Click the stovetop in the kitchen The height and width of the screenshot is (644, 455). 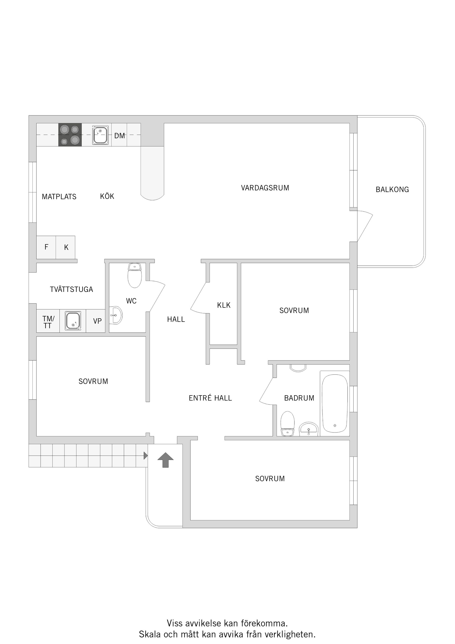point(70,135)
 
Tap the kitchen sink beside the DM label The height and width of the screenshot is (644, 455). point(100,135)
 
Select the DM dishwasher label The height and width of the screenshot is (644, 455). point(119,136)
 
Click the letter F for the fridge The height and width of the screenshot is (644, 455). point(46,247)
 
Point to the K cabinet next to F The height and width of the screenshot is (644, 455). point(66,247)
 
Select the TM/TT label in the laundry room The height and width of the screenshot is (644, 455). point(48,322)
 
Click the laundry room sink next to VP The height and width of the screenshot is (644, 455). point(73,321)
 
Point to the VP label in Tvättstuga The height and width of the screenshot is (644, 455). point(97,321)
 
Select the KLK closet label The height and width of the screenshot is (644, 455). point(224,305)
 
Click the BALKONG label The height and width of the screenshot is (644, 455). point(392,190)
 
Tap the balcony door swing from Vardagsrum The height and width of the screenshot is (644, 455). point(364,226)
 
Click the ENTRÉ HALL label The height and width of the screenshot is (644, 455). point(210,398)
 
